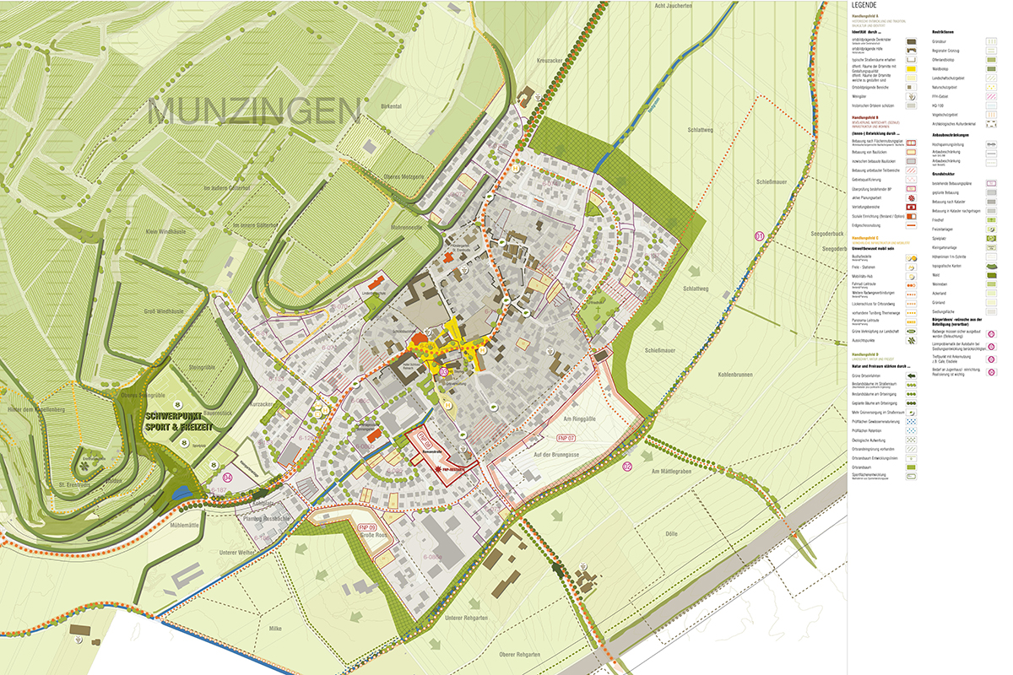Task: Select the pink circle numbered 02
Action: click(626, 466)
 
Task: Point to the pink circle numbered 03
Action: click(444, 371)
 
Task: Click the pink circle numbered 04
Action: click(226, 477)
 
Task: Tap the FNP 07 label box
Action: click(566, 438)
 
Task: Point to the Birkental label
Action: click(391, 107)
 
